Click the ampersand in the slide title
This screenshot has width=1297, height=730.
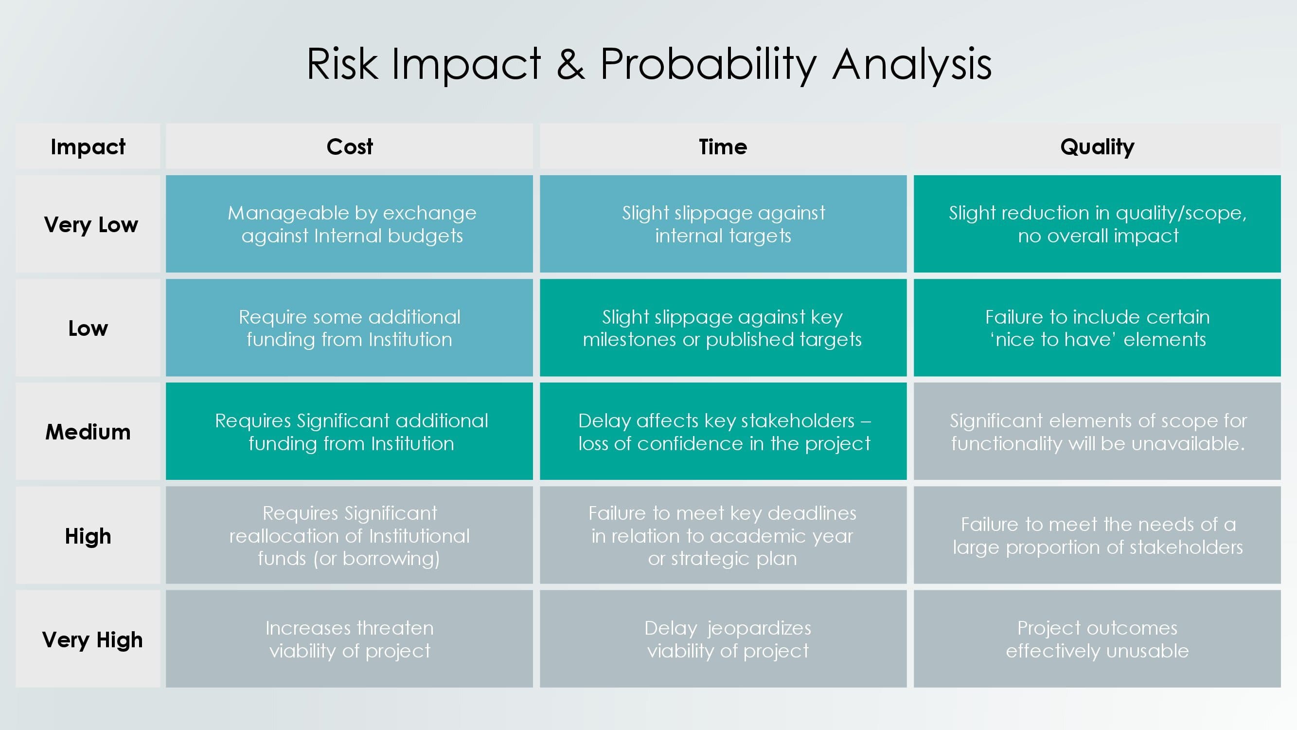tap(570, 64)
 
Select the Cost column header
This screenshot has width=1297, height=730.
tap(350, 146)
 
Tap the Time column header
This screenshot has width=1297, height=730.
tap(723, 146)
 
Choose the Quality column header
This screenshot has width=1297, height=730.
tap(1097, 146)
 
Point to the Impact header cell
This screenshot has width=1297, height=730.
tap(88, 146)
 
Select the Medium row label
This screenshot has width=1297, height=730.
tap(88, 432)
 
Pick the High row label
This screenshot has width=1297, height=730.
tap(88, 535)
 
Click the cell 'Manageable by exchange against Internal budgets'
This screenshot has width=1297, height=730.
tap(350, 224)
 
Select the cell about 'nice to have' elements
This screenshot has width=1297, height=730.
tap(1097, 328)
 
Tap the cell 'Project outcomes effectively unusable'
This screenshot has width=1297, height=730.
tap(1097, 639)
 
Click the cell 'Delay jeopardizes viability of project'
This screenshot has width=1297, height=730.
tap(723, 639)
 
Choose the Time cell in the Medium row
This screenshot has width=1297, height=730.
tap(723, 432)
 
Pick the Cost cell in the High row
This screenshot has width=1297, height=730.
tap(350, 535)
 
